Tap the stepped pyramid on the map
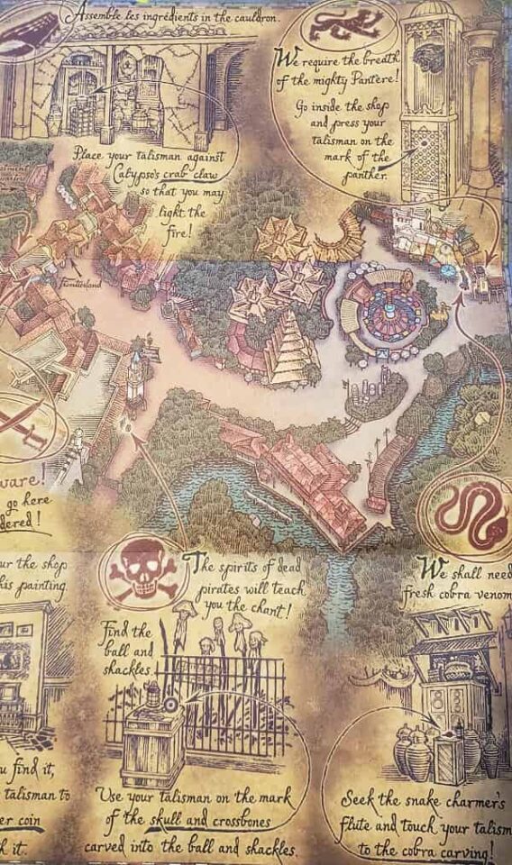291,347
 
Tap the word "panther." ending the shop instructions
365,175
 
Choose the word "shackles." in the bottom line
261,848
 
